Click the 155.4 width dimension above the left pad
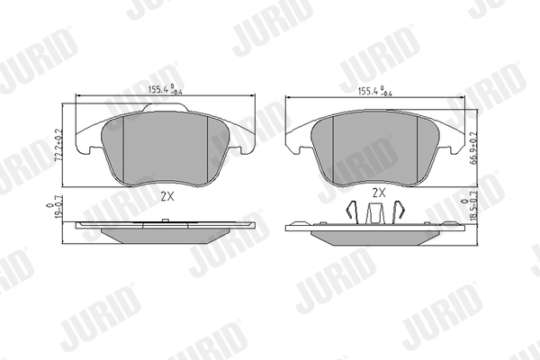[x=166, y=90]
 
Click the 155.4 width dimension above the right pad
[x=375, y=91]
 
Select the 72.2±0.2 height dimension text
[x=58, y=145]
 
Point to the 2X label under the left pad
[x=167, y=196]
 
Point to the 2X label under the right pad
[x=379, y=193]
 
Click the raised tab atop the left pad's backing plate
[x=166, y=107]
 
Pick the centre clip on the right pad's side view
[x=374, y=213]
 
